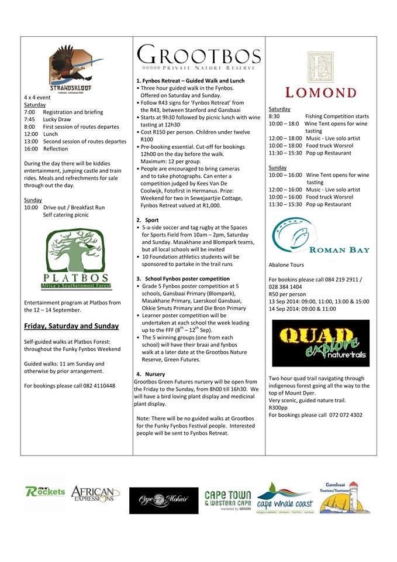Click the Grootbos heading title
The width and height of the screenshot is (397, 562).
click(x=199, y=56)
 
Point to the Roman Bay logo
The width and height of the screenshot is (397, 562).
click(x=320, y=238)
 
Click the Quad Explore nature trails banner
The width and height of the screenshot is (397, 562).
click(x=320, y=343)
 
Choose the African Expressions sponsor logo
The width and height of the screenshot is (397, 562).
click(x=95, y=495)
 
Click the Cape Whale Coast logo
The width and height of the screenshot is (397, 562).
click(x=285, y=498)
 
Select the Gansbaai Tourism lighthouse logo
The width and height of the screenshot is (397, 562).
click(x=344, y=497)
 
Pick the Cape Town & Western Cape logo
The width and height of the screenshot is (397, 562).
click(x=227, y=500)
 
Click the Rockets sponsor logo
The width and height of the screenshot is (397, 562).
click(x=45, y=491)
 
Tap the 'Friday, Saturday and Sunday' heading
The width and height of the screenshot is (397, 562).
click(x=71, y=326)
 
